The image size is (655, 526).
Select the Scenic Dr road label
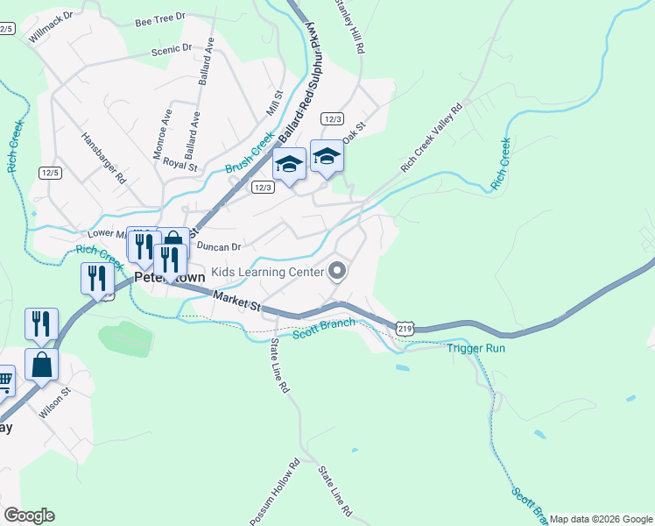click(171, 50)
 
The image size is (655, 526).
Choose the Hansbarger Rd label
click(103, 157)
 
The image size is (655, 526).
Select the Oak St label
click(353, 137)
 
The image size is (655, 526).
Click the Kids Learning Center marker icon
click(337, 272)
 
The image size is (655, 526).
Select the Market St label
click(236, 302)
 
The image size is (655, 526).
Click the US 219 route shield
click(404, 328)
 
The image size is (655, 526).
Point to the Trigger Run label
click(476, 348)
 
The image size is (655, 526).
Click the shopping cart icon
click(3, 380)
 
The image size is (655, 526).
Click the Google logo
click(29, 515)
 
